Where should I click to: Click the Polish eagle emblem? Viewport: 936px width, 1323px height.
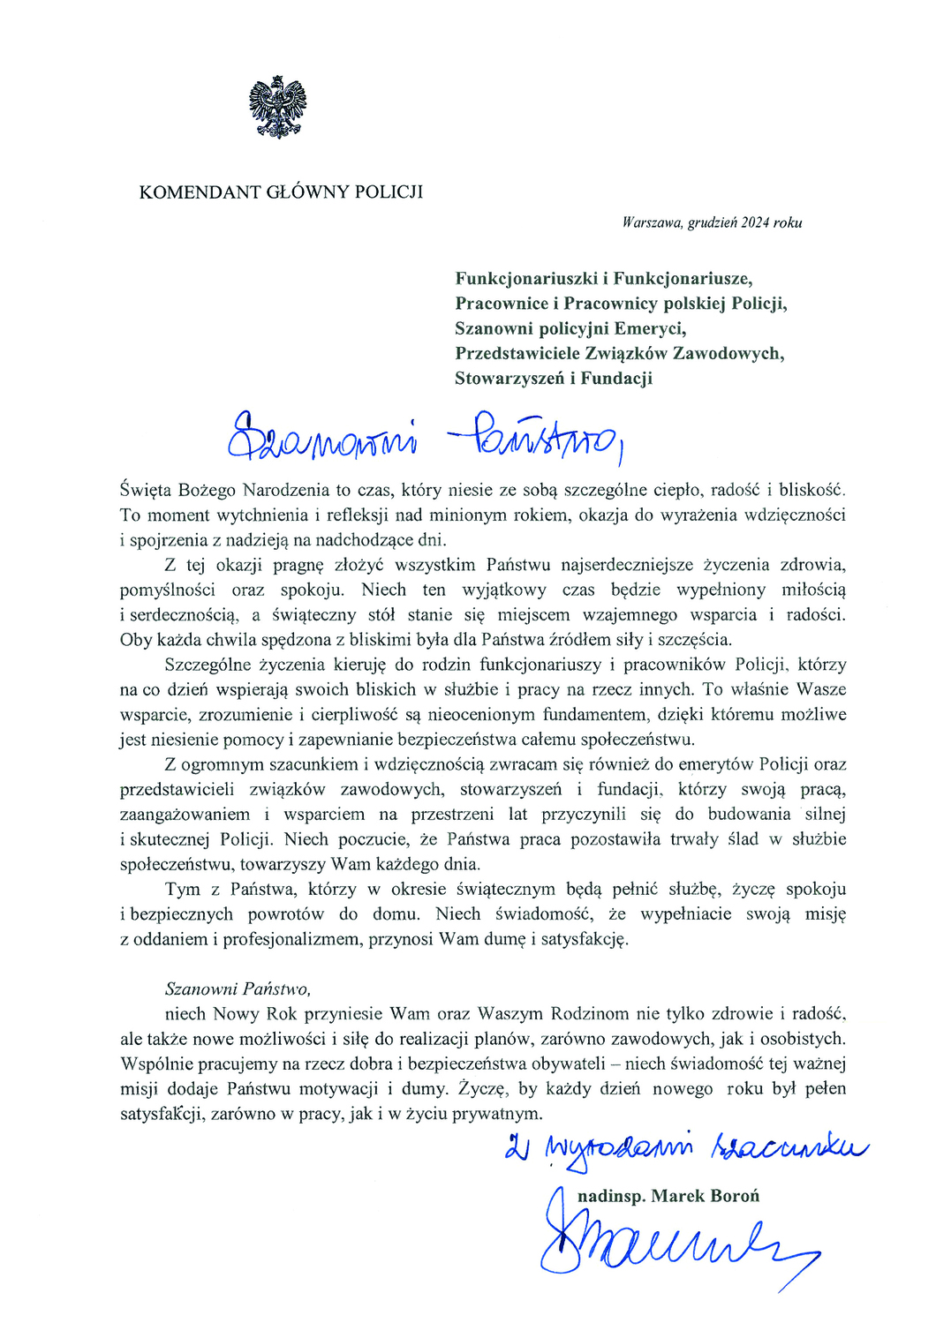(x=277, y=107)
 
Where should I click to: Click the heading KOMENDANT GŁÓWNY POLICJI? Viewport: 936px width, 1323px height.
(x=281, y=192)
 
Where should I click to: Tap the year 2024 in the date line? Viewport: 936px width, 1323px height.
(x=755, y=222)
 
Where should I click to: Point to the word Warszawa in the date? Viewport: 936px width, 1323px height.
(x=652, y=222)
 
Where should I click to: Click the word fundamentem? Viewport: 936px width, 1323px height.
(x=582, y=714)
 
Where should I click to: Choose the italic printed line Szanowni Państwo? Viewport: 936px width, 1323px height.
(x=238, y=988)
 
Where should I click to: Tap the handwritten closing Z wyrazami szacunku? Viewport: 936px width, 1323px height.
(x=685, y=1149)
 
